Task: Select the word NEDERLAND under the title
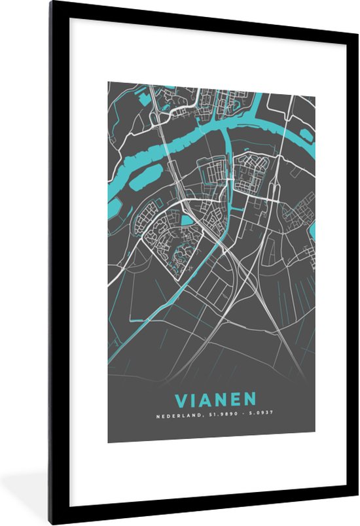175,415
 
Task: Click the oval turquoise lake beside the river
148,177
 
